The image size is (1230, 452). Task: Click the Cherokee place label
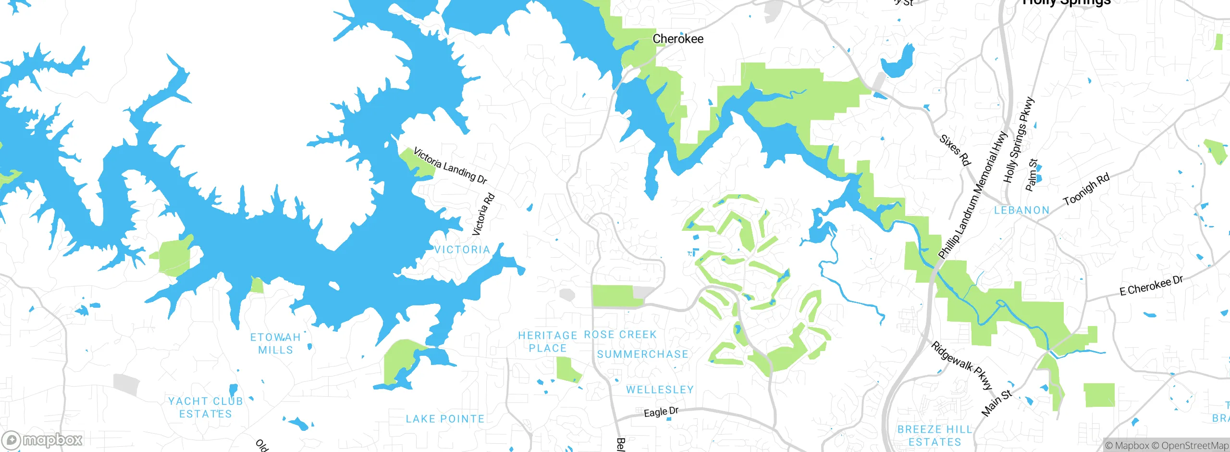tap(677, 39)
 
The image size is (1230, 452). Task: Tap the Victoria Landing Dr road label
tap(450, 166)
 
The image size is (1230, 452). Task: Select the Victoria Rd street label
tap(483, 214)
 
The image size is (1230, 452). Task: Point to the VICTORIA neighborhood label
tap(462, 250)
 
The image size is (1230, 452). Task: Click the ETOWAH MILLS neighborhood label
tap(275, 344)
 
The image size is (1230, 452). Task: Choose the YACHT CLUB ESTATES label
tap(206, 407)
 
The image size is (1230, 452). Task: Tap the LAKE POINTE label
tap(445, 419)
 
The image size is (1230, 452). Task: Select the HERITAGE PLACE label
tap(548, 341)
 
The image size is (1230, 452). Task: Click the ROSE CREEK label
tap(620, 335)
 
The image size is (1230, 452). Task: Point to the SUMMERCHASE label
tap(642, 354)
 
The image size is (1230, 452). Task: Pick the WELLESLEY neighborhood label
tap(660, 389)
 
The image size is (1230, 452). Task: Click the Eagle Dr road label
tap(661, 412)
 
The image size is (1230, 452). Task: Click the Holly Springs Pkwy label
tap(1018, 140)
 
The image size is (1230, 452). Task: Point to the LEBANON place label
tap(1021, 210)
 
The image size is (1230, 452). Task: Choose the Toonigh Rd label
tap(1086, 189)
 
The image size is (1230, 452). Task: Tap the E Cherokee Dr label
tap(1151, 286)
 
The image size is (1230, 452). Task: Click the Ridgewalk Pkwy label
tap(961, 365)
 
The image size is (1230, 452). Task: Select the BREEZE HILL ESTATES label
tap(935, 436)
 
